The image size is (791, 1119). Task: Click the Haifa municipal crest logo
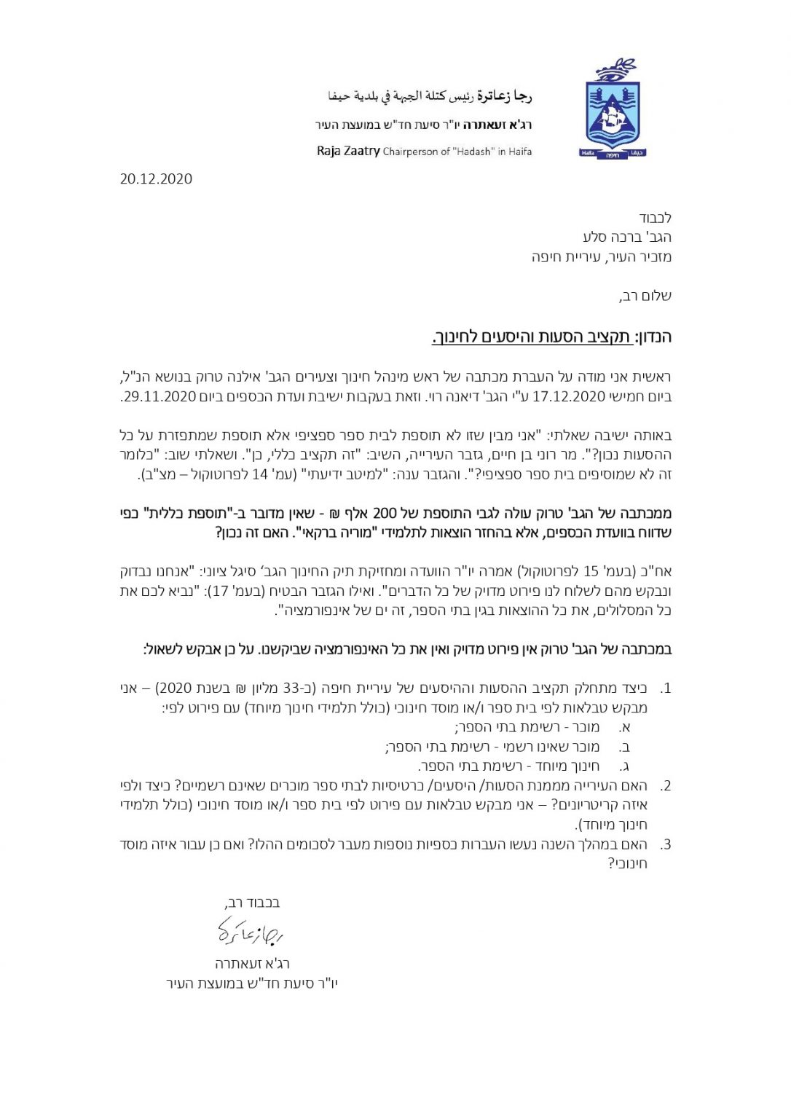click(x=613, y=109)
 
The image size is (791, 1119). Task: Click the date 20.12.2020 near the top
click(x=156, y=179)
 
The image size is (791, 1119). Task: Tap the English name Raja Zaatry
click(x=348, y=152)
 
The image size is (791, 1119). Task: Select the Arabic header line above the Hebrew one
click(x=430, y=96)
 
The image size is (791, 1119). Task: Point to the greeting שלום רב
click(x=645, y=296)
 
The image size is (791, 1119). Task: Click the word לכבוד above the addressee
click(x=655, y=218)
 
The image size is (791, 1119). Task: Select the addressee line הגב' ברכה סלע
click(x=627, y=237)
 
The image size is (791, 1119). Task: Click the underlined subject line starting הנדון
click(x=551, y=337)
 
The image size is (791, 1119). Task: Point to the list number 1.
click(x=665, y=688)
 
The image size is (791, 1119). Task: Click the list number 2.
click(x=665, y=786)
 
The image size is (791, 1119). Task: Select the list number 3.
click(x=665, y=845)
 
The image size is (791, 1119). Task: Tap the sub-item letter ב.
click(x=624, y=747)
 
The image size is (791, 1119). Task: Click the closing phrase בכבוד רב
click(x=252, y=903)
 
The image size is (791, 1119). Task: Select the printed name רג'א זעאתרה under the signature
click(x=252, y=964)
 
